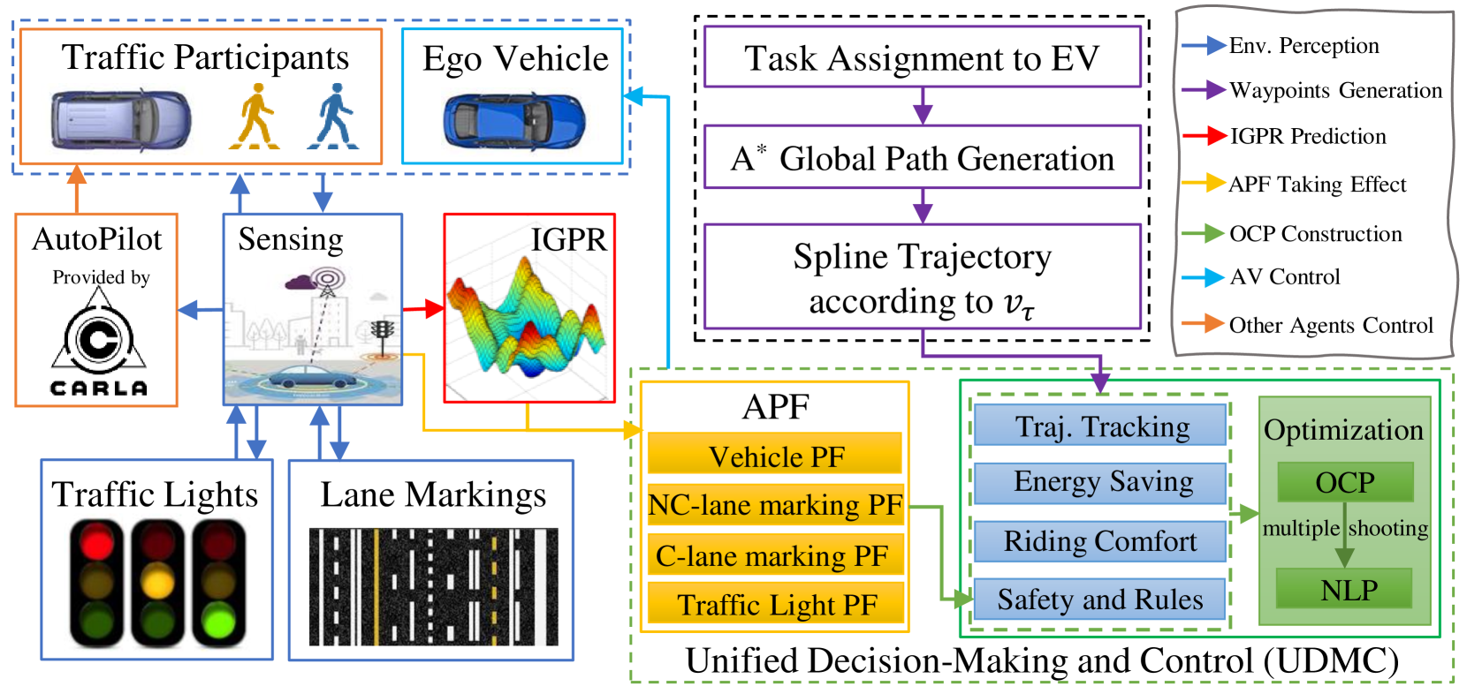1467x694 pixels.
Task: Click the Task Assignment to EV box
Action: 922,57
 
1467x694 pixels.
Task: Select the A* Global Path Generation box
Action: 922,157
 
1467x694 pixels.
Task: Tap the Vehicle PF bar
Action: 775,455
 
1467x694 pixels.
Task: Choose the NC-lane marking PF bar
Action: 775,504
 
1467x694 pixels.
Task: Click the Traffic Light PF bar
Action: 775,604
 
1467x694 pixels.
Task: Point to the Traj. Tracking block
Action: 1100,426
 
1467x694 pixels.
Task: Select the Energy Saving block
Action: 1100,482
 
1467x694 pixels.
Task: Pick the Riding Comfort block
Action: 1100,540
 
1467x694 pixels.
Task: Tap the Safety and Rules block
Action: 1100,600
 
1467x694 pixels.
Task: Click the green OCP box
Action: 1344,482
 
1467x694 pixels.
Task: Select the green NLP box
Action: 1344,589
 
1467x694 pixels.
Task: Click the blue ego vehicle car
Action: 513,122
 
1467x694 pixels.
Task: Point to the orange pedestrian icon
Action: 255,116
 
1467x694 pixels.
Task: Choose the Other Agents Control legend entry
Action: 1308,325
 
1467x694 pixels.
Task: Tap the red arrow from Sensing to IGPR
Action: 423,309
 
